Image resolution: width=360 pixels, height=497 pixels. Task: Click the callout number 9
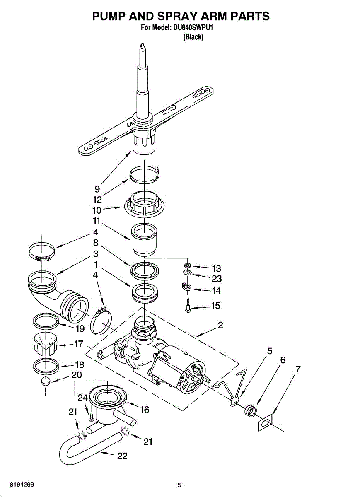(97, 189)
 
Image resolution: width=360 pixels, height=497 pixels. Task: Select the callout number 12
(97, 200)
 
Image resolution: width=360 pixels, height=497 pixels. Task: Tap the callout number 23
(217, 279)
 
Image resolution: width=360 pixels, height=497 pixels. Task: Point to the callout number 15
(216, 306)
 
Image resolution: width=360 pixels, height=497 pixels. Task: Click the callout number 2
(220, 325)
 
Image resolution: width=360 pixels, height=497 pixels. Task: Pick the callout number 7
(298, 369)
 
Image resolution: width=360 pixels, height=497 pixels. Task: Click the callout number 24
(82, 398)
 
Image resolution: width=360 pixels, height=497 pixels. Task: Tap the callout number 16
(145, 410)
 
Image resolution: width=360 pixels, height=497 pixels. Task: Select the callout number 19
(80, 328)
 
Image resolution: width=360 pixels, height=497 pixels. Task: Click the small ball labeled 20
(46, 381)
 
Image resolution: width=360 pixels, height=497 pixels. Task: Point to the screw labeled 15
(188, 306)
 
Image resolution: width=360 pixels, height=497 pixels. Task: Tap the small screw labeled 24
(91, 417)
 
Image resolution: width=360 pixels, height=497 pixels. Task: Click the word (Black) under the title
(193, 37)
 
